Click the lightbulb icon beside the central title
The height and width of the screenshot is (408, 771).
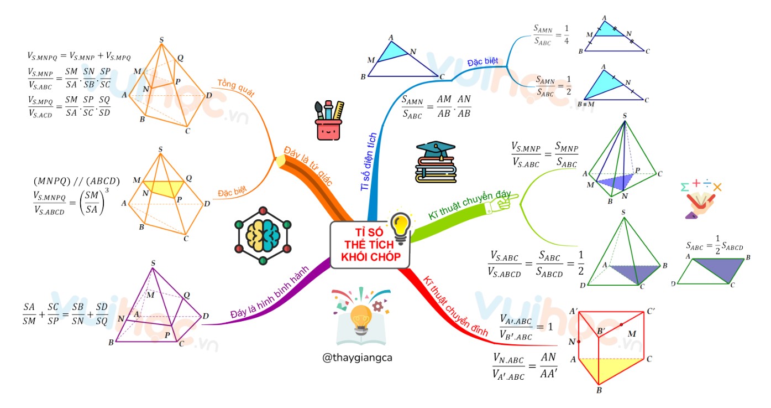click(400, 228)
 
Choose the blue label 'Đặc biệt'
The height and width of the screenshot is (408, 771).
click(482, 61)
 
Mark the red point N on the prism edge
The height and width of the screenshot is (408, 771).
click(579, 342)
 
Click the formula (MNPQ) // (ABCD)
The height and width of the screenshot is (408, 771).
click(76, 181)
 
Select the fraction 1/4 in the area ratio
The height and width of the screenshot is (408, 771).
click(566, 34)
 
